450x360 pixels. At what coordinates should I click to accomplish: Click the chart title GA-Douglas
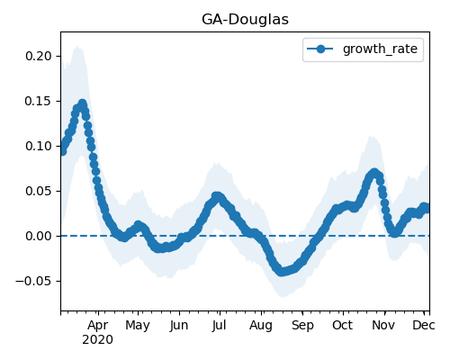(245, 20)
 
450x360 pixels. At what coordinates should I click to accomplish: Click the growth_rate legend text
(380, 49)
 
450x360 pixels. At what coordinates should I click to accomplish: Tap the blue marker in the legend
(320, 49)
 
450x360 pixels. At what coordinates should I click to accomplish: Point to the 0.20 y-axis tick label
(39, 56)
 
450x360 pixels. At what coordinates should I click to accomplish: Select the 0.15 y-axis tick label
(39, 101)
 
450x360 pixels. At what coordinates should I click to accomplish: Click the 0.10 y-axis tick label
(39, 146)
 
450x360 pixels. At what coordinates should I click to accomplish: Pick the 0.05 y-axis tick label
(39, 191)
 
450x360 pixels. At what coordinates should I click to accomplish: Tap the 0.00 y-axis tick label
(39, 236)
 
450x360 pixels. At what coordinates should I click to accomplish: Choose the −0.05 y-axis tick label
(33, 281)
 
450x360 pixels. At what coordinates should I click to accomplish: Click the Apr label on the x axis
(98, 326)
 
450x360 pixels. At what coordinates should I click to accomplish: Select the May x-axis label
(138, 326)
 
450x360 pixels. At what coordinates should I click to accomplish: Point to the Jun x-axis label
(179, 326)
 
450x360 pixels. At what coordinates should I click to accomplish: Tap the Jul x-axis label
(219, 326)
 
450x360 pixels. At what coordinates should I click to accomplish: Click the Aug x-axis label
(261, 326)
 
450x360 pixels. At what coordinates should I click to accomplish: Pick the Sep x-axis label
(302, 326)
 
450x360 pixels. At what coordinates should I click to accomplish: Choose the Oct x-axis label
(342, 326)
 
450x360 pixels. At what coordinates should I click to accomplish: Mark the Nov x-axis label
(383, 326)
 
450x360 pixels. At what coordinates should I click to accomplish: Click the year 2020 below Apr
(98, 340)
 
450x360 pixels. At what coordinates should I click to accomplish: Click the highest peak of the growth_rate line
(82, 103)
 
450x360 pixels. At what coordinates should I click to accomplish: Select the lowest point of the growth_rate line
(282, 272)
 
